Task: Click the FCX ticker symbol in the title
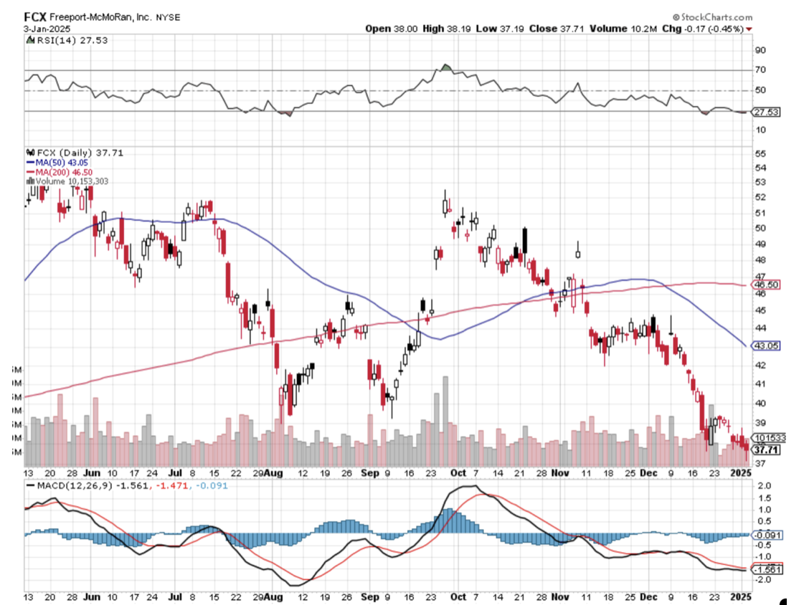(36, 16)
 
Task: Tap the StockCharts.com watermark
(713, 16)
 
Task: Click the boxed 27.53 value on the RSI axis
(765, 112)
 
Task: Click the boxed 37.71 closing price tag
(765, 449)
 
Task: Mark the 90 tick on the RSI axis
(759, 50)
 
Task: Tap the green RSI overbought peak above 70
(445, 67)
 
